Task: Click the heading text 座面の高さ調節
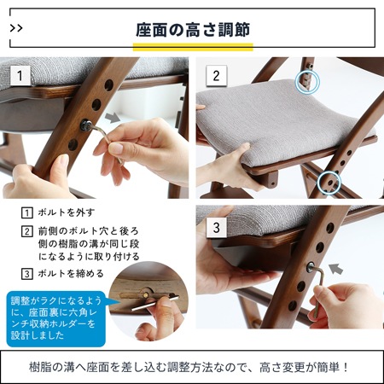click(192, 28)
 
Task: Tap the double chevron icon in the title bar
click(18, 28)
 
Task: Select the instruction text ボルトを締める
click(73, 275)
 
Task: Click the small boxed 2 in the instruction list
click(27, 231)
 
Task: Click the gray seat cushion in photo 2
click(282, 119)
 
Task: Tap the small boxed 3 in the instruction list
click(27, 275)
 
